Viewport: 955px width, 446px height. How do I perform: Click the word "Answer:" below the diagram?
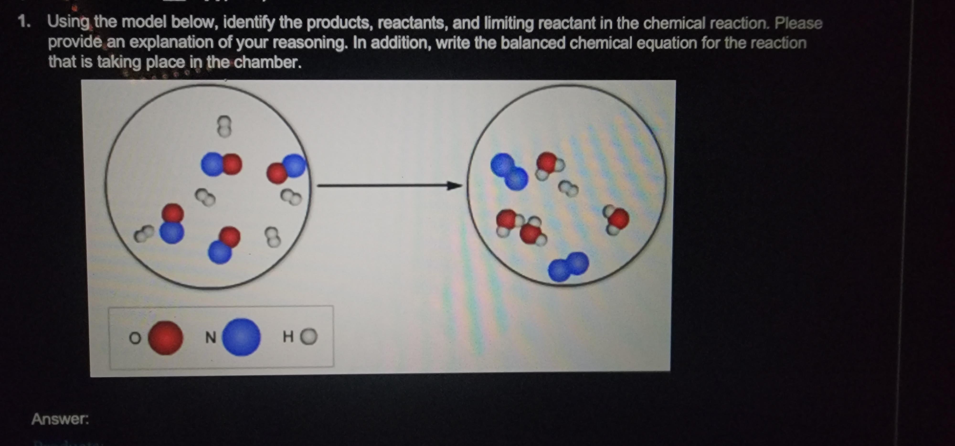point(60,419)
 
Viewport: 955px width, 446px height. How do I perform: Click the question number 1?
point(24,22)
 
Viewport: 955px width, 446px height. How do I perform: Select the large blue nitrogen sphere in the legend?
point(241,337)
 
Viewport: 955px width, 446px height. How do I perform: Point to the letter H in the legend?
point(288,337)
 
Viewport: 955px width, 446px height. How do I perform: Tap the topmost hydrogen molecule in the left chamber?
point(224,126)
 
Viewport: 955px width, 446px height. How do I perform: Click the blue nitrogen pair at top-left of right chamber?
point(509,171)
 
